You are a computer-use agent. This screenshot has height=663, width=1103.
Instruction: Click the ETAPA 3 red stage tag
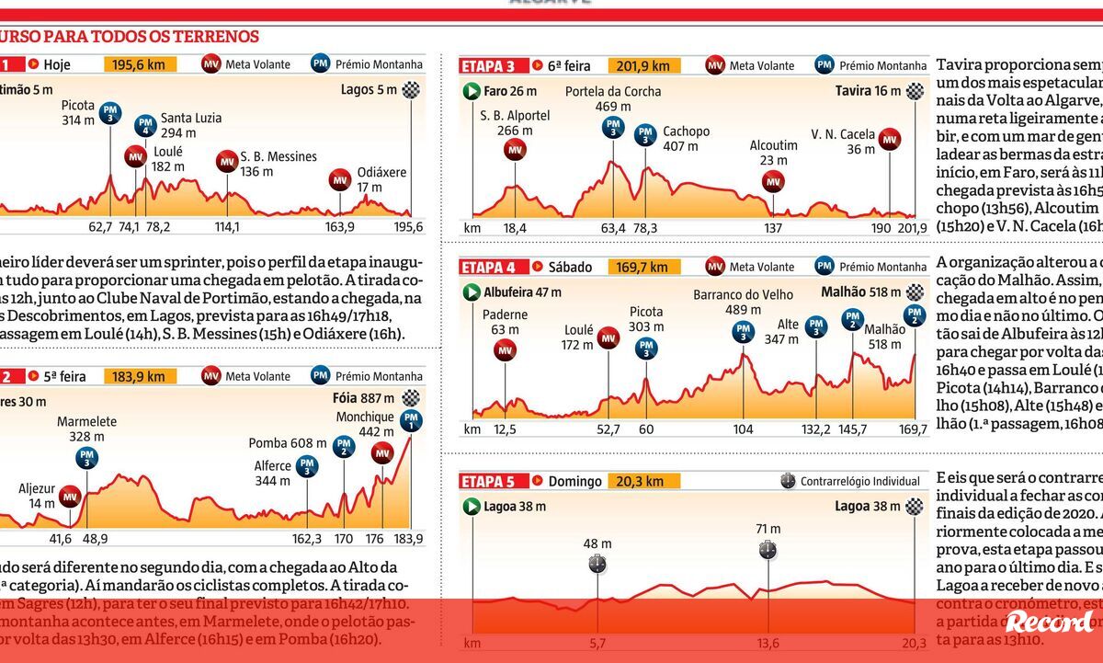(493, 66)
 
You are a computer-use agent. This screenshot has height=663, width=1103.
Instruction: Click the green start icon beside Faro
(472, 91)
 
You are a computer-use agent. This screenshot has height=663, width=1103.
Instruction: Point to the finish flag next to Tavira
(914, 91)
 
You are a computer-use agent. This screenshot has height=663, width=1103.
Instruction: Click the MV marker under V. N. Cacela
(889, 140)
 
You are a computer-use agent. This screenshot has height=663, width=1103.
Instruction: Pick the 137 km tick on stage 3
(773, 228)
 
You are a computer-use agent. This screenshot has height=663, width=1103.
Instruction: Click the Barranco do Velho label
(742, 303)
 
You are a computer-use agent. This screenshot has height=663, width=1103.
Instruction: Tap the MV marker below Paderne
(505, 349)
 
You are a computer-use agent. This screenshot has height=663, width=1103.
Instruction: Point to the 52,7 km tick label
(608, 429)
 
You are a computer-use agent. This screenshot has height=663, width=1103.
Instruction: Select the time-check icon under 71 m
(768, 550)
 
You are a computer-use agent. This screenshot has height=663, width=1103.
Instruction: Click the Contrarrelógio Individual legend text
(860, 481)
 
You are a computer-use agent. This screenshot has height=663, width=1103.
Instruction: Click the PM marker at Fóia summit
(410, 420)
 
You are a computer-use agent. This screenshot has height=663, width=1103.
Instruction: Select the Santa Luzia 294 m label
(191, 125)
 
